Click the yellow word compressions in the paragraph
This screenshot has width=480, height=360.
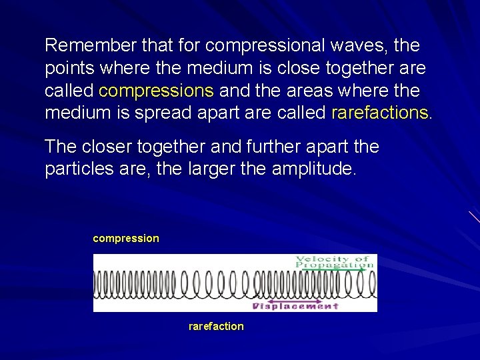156,91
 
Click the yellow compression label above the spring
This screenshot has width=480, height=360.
126,238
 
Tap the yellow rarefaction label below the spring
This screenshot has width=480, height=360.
216,327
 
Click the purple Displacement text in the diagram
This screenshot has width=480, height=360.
297,307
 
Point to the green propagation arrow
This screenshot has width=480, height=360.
333,270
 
